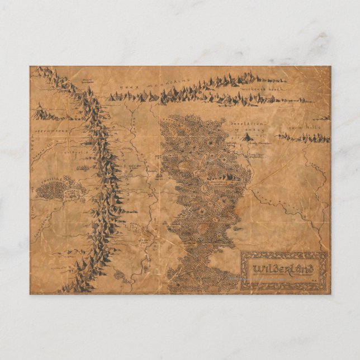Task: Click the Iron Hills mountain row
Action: point(305,138)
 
